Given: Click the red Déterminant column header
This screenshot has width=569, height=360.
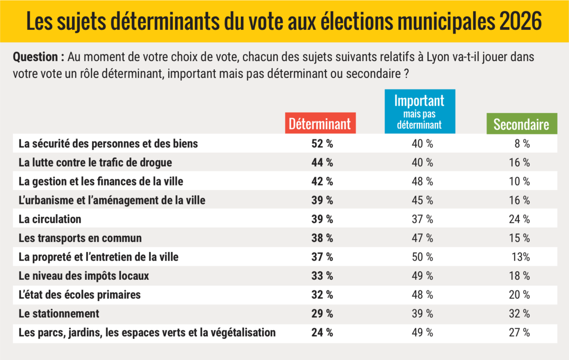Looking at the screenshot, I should (320, 124).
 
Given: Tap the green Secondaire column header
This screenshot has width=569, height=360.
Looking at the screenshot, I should (521, 124).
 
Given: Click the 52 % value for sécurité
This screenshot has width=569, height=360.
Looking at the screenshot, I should (322, 144).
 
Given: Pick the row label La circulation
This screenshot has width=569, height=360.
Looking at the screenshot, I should (50, 219).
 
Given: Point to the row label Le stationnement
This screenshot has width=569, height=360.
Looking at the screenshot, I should (59, 314).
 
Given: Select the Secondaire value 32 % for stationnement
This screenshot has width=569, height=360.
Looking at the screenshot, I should (520, 314).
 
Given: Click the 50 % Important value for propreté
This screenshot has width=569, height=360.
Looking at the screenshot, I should (422, 257).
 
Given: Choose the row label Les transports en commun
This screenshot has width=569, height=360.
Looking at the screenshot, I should (80, 238).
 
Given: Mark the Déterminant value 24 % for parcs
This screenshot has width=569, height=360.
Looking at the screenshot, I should (322, 332).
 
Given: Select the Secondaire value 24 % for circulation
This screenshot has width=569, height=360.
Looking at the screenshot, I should (520, 219).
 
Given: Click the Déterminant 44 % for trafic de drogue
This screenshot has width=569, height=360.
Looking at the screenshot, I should (322, 162).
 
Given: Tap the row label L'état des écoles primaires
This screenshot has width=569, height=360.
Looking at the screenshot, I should (80, 295).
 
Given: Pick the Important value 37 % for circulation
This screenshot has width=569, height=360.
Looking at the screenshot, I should (422, 219).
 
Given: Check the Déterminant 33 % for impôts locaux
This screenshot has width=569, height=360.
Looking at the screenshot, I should (322, 276).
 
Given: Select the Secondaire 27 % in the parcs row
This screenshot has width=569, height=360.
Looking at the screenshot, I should (520, 332).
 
